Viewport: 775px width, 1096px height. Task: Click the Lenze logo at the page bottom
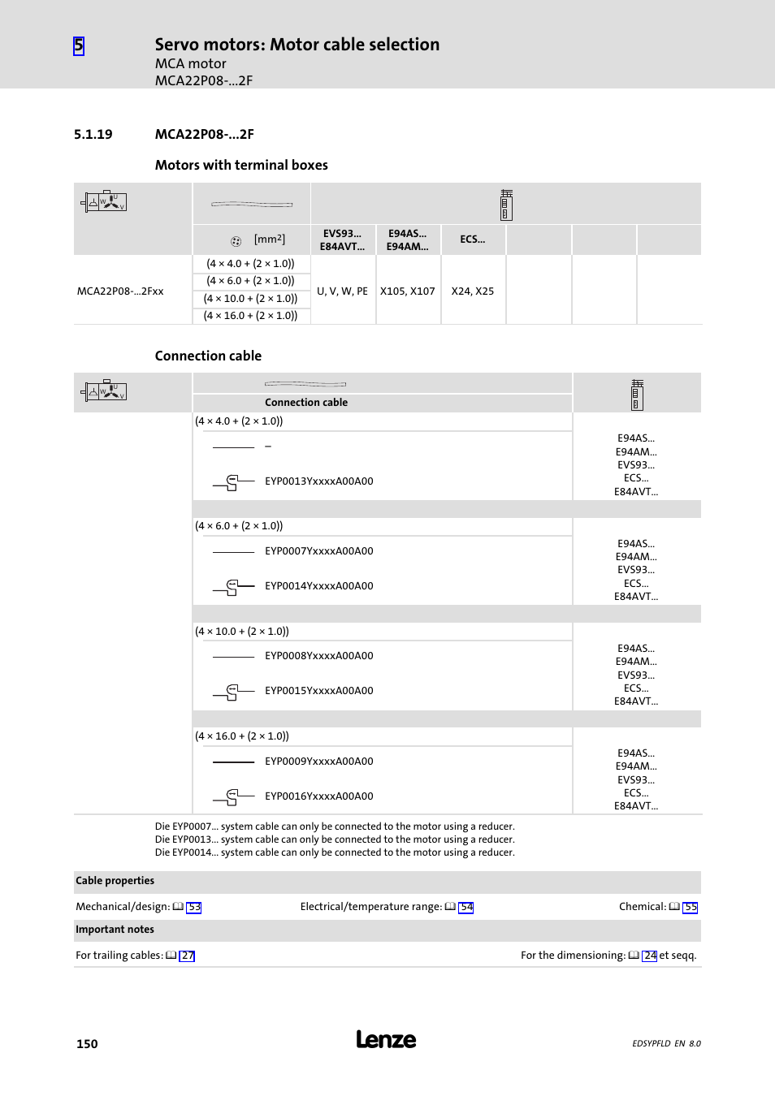386,1040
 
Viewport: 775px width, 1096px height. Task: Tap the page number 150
87,1044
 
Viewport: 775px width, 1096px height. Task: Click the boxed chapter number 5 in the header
79,45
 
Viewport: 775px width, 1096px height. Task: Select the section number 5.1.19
93,135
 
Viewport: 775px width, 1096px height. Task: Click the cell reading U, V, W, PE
342,291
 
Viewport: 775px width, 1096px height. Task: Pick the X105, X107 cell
407,291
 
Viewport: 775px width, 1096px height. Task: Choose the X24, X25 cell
472,291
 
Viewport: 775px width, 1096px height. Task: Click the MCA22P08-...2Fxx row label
120,291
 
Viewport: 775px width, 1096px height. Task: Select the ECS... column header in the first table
472,239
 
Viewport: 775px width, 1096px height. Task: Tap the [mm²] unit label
269,239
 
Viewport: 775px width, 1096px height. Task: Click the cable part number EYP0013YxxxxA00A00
318,481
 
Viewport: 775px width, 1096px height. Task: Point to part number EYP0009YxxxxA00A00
318,762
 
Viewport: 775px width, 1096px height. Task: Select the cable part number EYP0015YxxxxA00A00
318,691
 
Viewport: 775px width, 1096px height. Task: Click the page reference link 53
194,908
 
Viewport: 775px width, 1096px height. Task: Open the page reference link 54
466,908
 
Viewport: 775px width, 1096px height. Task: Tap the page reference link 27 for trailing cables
188,956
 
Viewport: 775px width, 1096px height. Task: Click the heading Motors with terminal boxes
241,165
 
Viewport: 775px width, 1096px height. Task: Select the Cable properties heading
115,881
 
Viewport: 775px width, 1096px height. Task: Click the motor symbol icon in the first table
105,201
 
